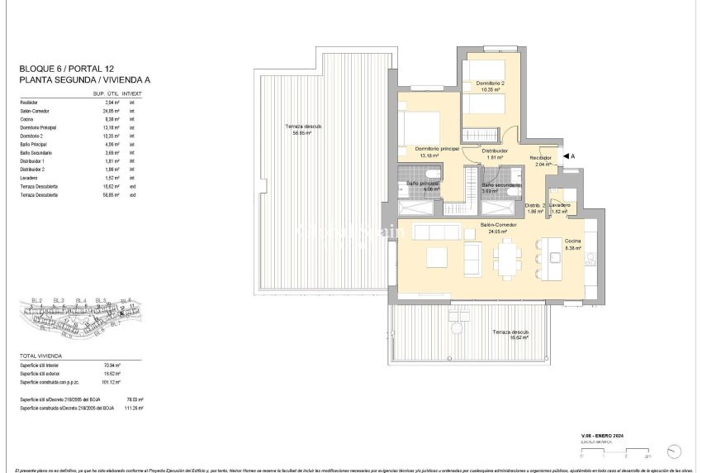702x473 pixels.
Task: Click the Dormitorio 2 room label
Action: pyautogui.click(x=490, y=85)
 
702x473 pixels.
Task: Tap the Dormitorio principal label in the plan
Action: pyautogui.click(x=432, y=150)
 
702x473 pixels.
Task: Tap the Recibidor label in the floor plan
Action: pyautogui.click(x=541, y=160)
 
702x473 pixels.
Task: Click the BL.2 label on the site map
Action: pyautogui.click(x=36, y=299)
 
